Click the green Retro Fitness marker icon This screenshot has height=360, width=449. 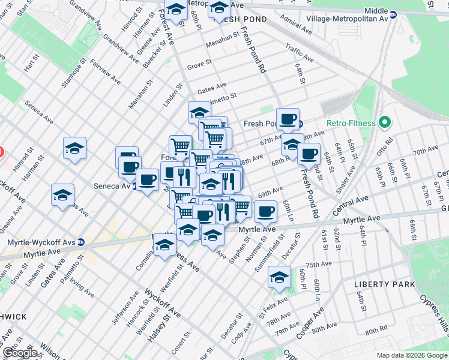[x=384, y=123]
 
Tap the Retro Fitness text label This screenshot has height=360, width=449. [x=351, y=124]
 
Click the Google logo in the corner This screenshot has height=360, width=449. [x=20, y=352]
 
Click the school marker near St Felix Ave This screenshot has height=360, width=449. [x=279, y=277]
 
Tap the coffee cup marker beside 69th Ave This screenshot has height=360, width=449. [x=265, y=211]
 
